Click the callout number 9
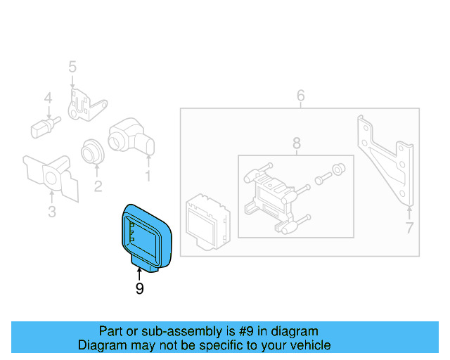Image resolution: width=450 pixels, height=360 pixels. (x=139, y=288)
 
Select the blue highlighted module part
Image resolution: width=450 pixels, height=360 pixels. (x=146, y=236)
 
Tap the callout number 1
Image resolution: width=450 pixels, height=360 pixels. (x=148, y=176)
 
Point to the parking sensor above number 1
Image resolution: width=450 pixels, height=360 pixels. (x=130, y=135)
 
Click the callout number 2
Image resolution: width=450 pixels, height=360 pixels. (x=98, y=186)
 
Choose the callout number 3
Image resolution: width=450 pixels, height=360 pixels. (x=51, y=212)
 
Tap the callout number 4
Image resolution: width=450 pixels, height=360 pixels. (x=48, y=98)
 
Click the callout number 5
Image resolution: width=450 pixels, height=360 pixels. (x=72, y=67)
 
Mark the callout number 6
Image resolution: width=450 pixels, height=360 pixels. (x=300, y=95)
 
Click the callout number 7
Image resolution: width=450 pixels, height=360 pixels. (x=409, y=227)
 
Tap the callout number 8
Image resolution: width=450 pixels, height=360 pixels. (x=295, y=143)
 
